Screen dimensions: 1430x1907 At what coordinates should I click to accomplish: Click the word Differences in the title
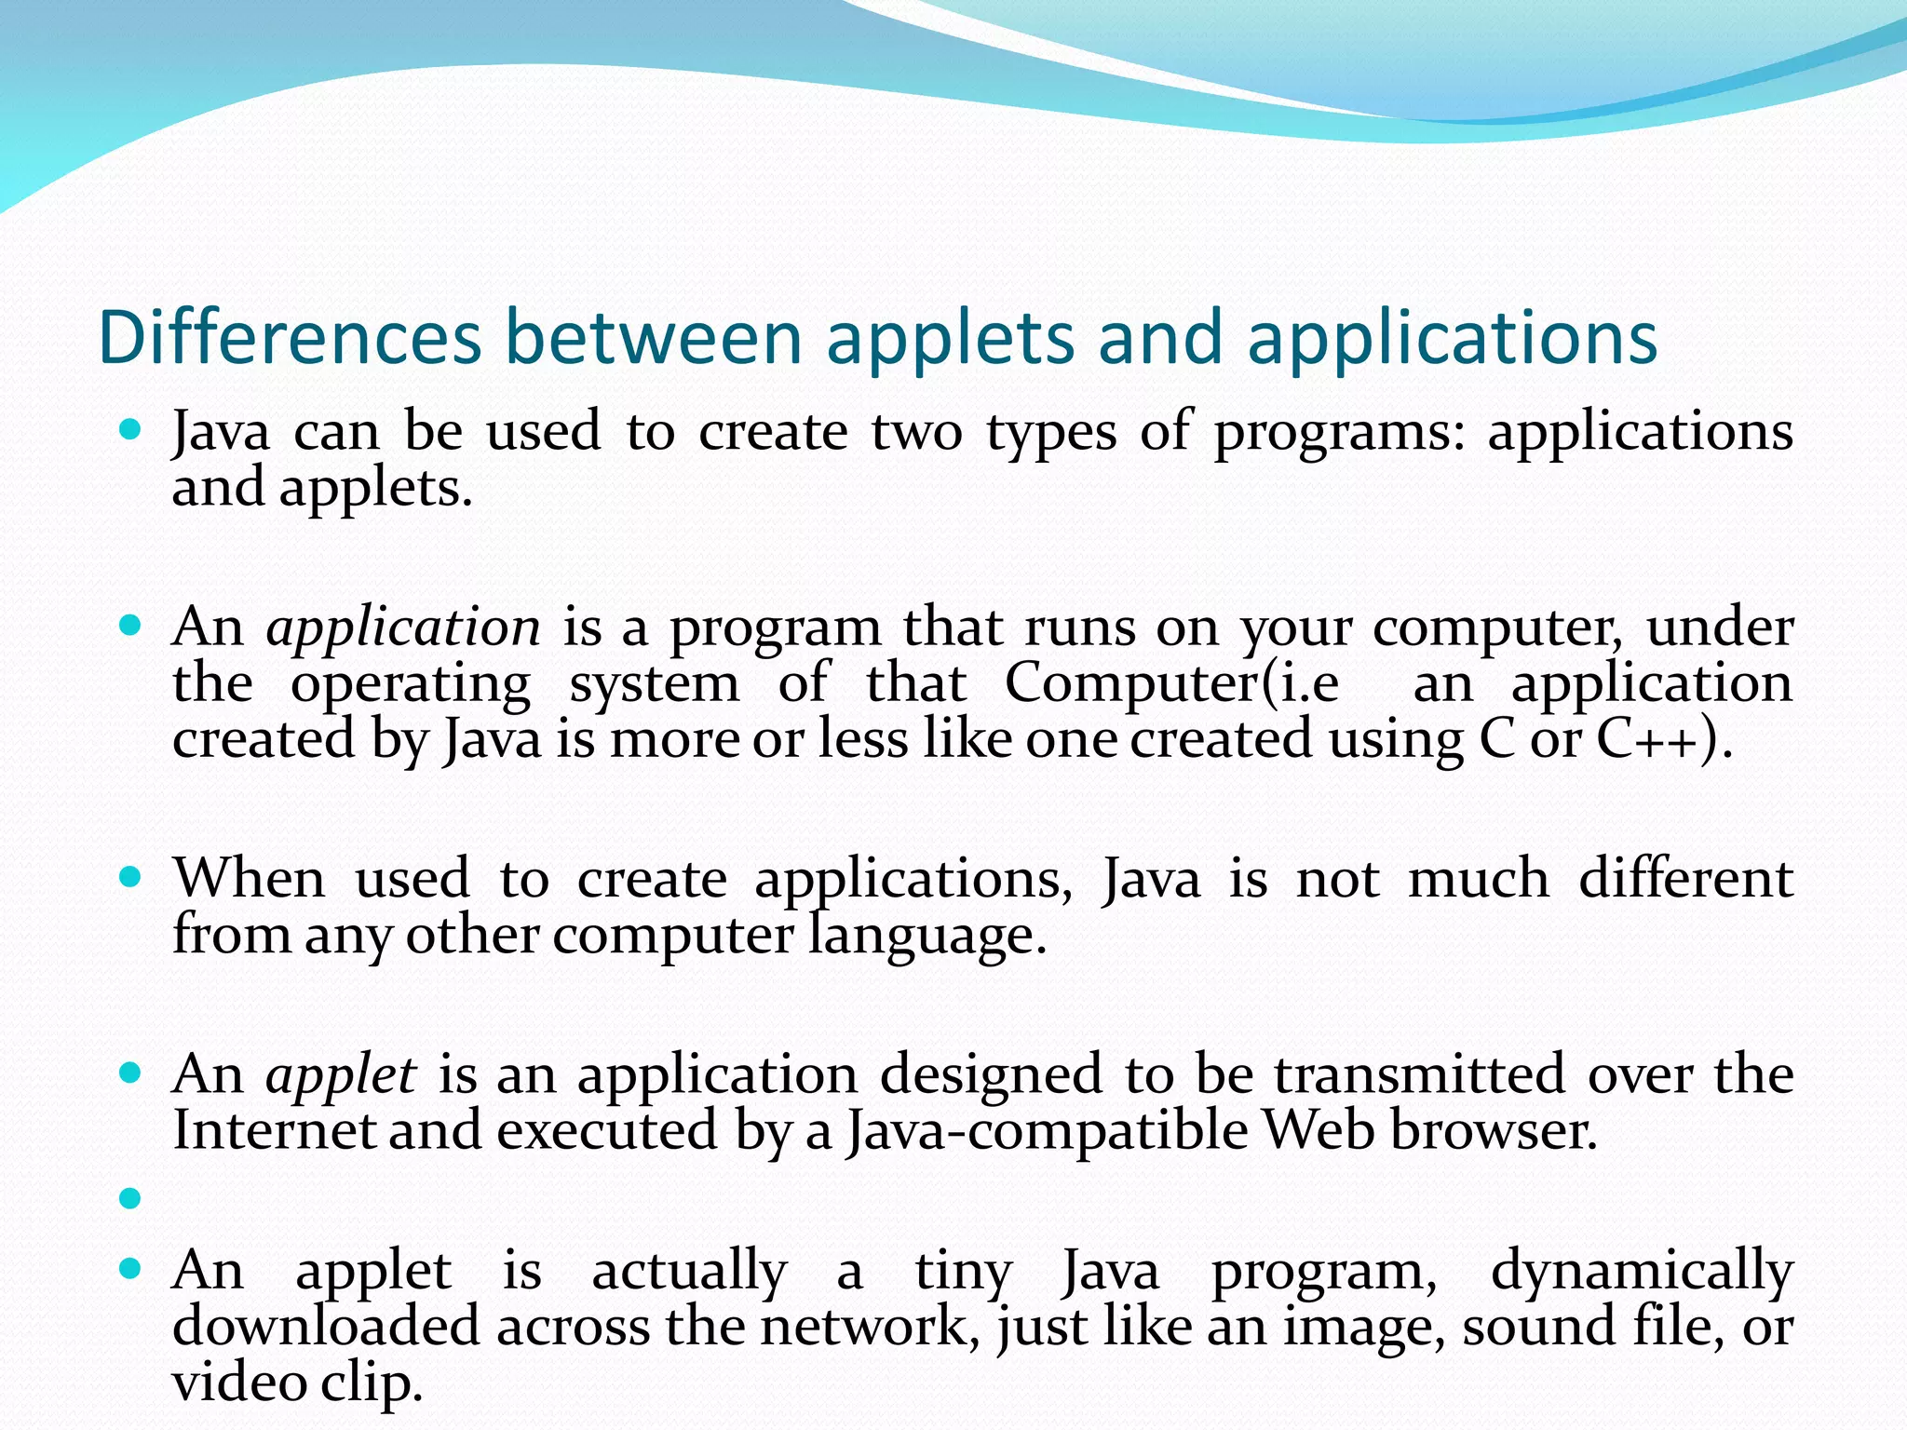(x=290, y=337)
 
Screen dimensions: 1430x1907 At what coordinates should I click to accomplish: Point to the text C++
(x=1656, y=740)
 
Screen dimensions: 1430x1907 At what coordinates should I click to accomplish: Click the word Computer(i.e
(x=1171, y=684)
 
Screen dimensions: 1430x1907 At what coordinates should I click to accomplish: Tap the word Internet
(x=274, y=1131)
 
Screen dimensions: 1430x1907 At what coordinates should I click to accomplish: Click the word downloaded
(x=326, y=1327)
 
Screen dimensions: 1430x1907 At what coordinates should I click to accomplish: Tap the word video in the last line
(x=239, y=1383)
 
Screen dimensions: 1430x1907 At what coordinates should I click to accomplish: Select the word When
(x=250, y=879)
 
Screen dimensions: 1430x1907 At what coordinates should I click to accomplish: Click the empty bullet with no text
(x=130, y=1198)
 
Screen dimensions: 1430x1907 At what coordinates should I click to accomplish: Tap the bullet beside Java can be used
(x=130, y=430)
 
